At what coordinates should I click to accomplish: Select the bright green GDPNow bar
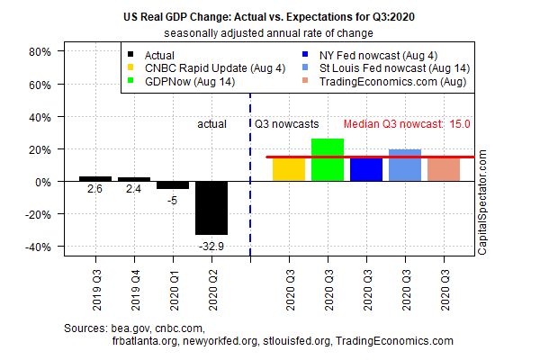328,160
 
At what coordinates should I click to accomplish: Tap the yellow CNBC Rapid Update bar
289,169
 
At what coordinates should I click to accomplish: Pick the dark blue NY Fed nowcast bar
366,169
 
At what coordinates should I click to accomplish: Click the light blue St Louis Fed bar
405,165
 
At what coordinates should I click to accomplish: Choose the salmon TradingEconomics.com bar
444,169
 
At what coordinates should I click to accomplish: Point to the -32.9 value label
211,243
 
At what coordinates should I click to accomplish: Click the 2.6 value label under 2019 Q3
95,190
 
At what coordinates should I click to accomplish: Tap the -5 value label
173,200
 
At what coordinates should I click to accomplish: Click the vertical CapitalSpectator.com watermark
482,202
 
